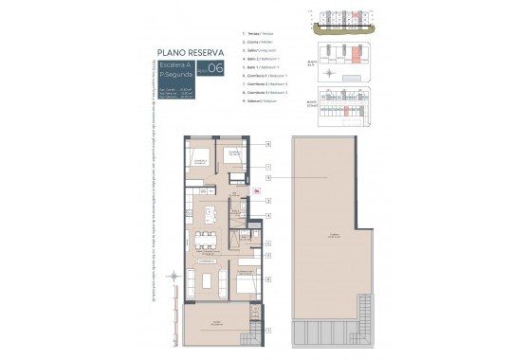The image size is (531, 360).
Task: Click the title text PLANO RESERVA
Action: [191, 52]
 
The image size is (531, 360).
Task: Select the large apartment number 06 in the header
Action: [215, 67]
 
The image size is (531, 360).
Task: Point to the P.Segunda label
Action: [176, 73]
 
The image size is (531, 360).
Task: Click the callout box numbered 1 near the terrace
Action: [268, 331]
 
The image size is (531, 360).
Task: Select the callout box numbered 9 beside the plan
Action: [268, 177]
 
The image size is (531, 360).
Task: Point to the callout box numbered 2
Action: [268, 201]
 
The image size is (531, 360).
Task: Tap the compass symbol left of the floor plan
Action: [174, 277]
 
